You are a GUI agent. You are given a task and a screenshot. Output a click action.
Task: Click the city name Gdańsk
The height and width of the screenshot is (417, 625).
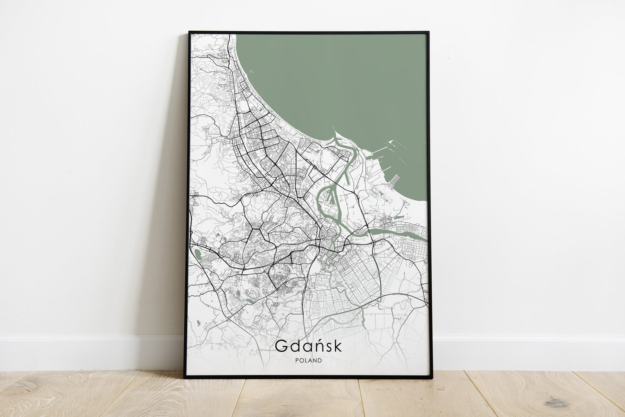[308, 346]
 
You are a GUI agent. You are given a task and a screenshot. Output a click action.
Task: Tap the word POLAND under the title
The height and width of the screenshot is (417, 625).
[308, 360]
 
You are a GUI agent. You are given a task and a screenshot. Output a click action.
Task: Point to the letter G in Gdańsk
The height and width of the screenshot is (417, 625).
[280, 346]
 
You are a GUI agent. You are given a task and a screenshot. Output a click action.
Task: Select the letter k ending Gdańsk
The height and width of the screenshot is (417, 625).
[337, 346]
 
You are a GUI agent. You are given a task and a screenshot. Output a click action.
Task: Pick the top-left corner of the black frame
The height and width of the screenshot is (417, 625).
[189, 32]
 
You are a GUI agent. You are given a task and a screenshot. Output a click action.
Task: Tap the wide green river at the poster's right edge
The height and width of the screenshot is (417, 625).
[415, 235]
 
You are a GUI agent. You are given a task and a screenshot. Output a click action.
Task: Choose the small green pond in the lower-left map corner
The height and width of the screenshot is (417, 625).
[198, 322]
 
